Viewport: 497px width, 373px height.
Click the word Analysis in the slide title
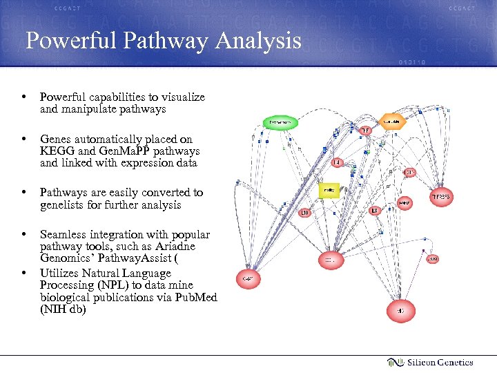pyautogui.click(x=258, y=41)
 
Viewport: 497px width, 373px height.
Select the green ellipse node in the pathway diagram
pyautogui.click(x=281, y=122)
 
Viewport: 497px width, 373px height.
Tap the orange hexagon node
pyautogui.click(x=391, y=122)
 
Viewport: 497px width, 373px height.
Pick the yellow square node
pyautogui.click(x=330, y=190)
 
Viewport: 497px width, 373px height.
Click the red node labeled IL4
pyautogui.click(x=337, y=162)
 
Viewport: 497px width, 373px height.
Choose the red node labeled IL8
pyautogui.click(x=374, y=210)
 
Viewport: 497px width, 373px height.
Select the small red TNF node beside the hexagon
pyautogui.click(x=365, y=130)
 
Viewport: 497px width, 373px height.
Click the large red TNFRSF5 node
pyautogui.click(x=442, y=198)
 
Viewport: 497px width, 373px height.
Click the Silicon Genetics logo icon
pyautogui.click(x=395, y=362)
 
